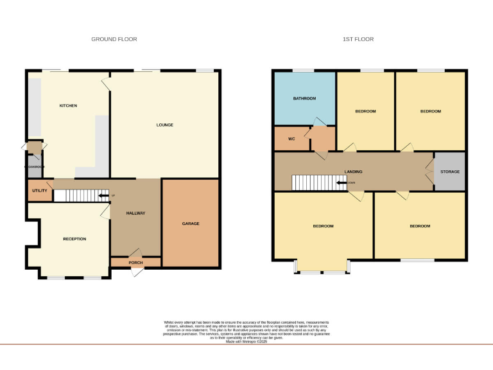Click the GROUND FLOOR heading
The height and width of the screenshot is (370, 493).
[114, 39]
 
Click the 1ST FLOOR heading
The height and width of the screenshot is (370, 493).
[358, 39]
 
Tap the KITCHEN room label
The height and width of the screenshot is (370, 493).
[68, 105]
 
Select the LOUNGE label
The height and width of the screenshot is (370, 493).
[165, 125]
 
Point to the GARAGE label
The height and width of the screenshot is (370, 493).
[191, 224]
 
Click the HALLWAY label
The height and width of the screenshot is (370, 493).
[135, 213]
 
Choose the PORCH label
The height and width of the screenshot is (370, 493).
[135, 261]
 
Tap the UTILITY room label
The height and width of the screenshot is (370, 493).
[40, 191]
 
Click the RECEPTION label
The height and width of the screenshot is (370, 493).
[74, 239]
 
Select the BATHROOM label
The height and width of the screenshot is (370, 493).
[305, 98]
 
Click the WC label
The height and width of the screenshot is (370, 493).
[291, 138]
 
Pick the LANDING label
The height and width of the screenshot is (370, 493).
[353, 172]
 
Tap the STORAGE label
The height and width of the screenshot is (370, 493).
[449, 172]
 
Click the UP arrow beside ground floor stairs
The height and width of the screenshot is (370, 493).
[104, 195]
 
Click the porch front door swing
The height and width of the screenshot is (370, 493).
[137, 272]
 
